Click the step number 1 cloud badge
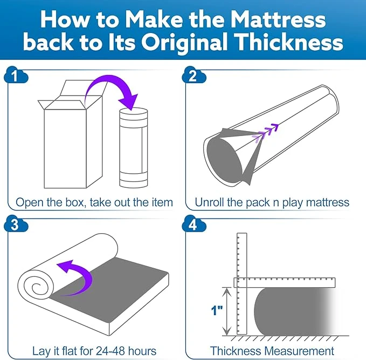[16, 75]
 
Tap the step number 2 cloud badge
[194, 75]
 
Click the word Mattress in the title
[278, 19]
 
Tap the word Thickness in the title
[289, 42]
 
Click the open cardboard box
[70, 134]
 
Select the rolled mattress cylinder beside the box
[134, 148]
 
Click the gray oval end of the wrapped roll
[225, 160]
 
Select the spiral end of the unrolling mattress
[36, 287]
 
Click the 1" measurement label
[217, 310]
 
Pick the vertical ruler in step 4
[242, 283]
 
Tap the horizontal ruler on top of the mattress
[285, 282]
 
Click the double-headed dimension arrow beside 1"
[226, 311]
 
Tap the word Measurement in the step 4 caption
[300, 351]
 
